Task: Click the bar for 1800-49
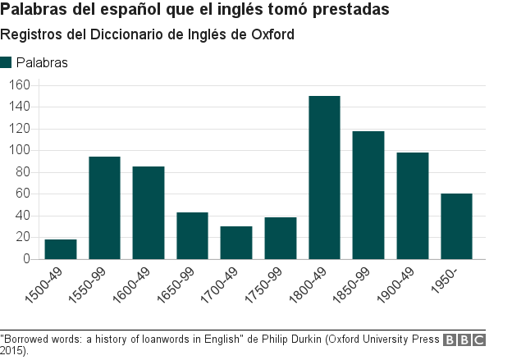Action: coord(324,177)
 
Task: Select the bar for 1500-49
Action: coord(61,249)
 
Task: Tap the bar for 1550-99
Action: coord(104,207)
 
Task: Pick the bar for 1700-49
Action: coord(236,243)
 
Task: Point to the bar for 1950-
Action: coord(456,226)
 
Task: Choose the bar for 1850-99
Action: coord(368,195)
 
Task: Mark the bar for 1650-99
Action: coord(192,236)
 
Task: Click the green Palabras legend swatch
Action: coord(7,62)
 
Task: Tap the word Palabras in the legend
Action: coord(42,62)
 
